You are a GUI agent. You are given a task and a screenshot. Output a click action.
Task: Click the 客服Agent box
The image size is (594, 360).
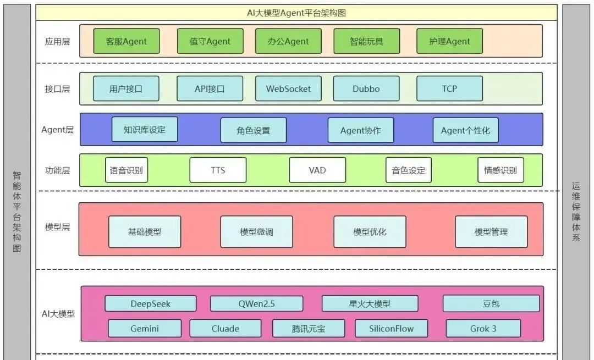[x=127, y=41]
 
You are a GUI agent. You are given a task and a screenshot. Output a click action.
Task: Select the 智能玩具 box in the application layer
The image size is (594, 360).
[x=366, y=41]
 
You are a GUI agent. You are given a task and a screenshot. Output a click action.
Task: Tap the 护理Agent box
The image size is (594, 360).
[x=449, y=41]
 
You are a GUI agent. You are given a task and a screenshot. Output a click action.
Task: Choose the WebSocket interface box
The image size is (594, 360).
[x=288, y=88]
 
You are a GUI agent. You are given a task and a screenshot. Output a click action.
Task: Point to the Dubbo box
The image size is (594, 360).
[x=366, y=88]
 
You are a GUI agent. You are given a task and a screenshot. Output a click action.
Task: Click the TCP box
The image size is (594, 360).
[x=449, y=88]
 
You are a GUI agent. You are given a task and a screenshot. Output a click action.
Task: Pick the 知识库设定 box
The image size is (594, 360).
[x=145, y=130]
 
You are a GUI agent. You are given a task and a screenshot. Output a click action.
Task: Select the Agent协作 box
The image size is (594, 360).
[x=360, y=131]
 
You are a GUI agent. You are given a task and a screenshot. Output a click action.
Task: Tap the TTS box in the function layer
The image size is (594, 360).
[x=218, y=170]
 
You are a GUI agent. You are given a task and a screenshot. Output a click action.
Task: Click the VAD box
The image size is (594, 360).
[x=317, y=170]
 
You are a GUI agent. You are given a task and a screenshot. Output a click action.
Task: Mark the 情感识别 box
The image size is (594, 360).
[x=501, y=170]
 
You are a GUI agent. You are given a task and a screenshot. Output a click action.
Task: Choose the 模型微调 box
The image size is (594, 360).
[x=256, y=231]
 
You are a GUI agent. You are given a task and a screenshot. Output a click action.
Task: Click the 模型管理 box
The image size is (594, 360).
[x=491, y=231]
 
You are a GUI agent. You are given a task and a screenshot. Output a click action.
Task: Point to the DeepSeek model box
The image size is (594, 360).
[x=150, y=303]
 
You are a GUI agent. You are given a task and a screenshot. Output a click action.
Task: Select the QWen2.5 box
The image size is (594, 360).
[x=256, y=303]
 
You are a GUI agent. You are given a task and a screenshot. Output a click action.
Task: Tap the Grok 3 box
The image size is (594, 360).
[x=483, y=328]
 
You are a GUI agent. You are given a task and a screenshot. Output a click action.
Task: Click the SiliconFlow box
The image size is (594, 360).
[x=392, y=328]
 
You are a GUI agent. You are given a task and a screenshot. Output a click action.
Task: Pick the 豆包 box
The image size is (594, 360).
[x=491, y=303]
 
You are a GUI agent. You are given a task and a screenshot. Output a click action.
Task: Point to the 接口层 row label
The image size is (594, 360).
[x=57, y=88]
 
